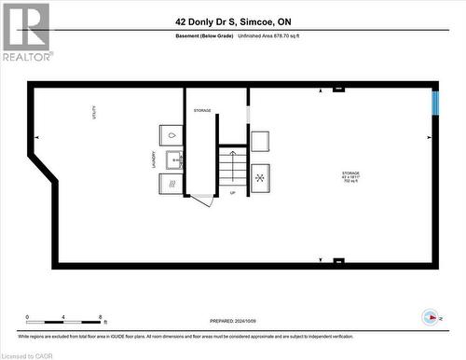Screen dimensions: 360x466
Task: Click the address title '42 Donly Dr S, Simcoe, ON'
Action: (232, 21)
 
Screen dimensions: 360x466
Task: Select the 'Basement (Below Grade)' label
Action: (207, 37)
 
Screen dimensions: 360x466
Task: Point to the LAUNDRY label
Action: (141, 160)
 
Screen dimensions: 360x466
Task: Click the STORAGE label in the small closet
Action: (202, 111)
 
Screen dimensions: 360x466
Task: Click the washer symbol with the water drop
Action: (171, 134)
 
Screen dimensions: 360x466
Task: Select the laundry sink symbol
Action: (174, 159)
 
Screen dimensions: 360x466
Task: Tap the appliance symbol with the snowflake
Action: (260, 176)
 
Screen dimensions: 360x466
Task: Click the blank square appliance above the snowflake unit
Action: (260, 142)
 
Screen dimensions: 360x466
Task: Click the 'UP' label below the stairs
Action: (232, 194)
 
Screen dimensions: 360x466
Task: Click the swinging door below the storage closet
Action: (203, 201)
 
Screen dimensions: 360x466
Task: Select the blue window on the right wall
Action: (434, 102)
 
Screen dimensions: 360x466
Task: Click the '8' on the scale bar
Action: (100, 317)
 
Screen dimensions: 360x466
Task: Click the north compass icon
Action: (431, 316)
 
